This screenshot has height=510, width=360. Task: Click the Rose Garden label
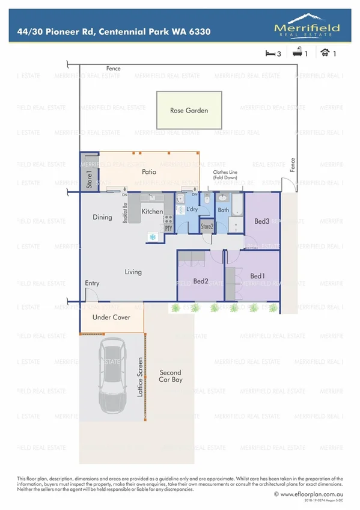pyautogui.click(x=189, y=111)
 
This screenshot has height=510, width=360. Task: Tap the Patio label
pyautogui.click(x=149, y=172)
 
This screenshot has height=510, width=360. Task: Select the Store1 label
pyautogui.click(x=89, y=180)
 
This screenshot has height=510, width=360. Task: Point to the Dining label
pyautogui.click(x=102, y=217)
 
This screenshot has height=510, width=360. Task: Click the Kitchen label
pyautogui.click(x=152, y=212)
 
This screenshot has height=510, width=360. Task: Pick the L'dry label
pyautogui.click(x=192, y=209)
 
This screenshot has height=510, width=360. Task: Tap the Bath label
pyautogui.click(x=224, y=210)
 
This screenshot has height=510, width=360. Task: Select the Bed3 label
pyautogui.click(x=261, y=221)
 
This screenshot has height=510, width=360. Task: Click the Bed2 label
pyautogui.click(x=201, y=281)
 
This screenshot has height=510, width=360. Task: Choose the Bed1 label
pyautogui.click(x=257, y=276)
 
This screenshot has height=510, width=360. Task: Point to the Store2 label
pyautogui.click(x=207, y=227)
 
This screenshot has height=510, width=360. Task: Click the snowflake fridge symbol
pyautogui.click(x=152, y=237)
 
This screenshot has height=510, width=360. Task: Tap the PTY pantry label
pyautogui.click(x=168, y=229)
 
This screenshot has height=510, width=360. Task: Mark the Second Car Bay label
pyautogui.click(x=170, y=376)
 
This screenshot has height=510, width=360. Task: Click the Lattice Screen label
pyautogui.click(x=140, y=376)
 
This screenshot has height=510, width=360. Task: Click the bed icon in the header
pyautogui.click(x=269, y=53)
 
